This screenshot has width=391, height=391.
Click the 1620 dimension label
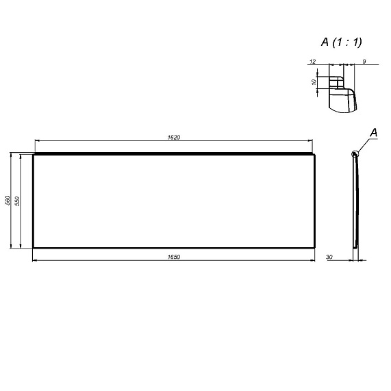(173, 138)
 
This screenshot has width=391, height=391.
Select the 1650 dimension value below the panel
(173, 256)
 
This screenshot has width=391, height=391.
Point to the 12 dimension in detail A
(312, 62)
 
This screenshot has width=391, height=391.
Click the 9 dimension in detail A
(364, 62)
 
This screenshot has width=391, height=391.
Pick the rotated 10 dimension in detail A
(314, 81)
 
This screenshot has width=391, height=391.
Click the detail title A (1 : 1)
(342, 42)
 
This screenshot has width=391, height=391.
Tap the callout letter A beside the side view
(374, 131)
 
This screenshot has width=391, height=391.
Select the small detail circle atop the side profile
(354, 154)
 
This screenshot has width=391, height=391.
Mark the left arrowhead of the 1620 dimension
(37, 142)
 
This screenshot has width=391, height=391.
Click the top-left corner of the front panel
(34, 155)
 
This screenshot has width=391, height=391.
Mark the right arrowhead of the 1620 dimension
(312, 142)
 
